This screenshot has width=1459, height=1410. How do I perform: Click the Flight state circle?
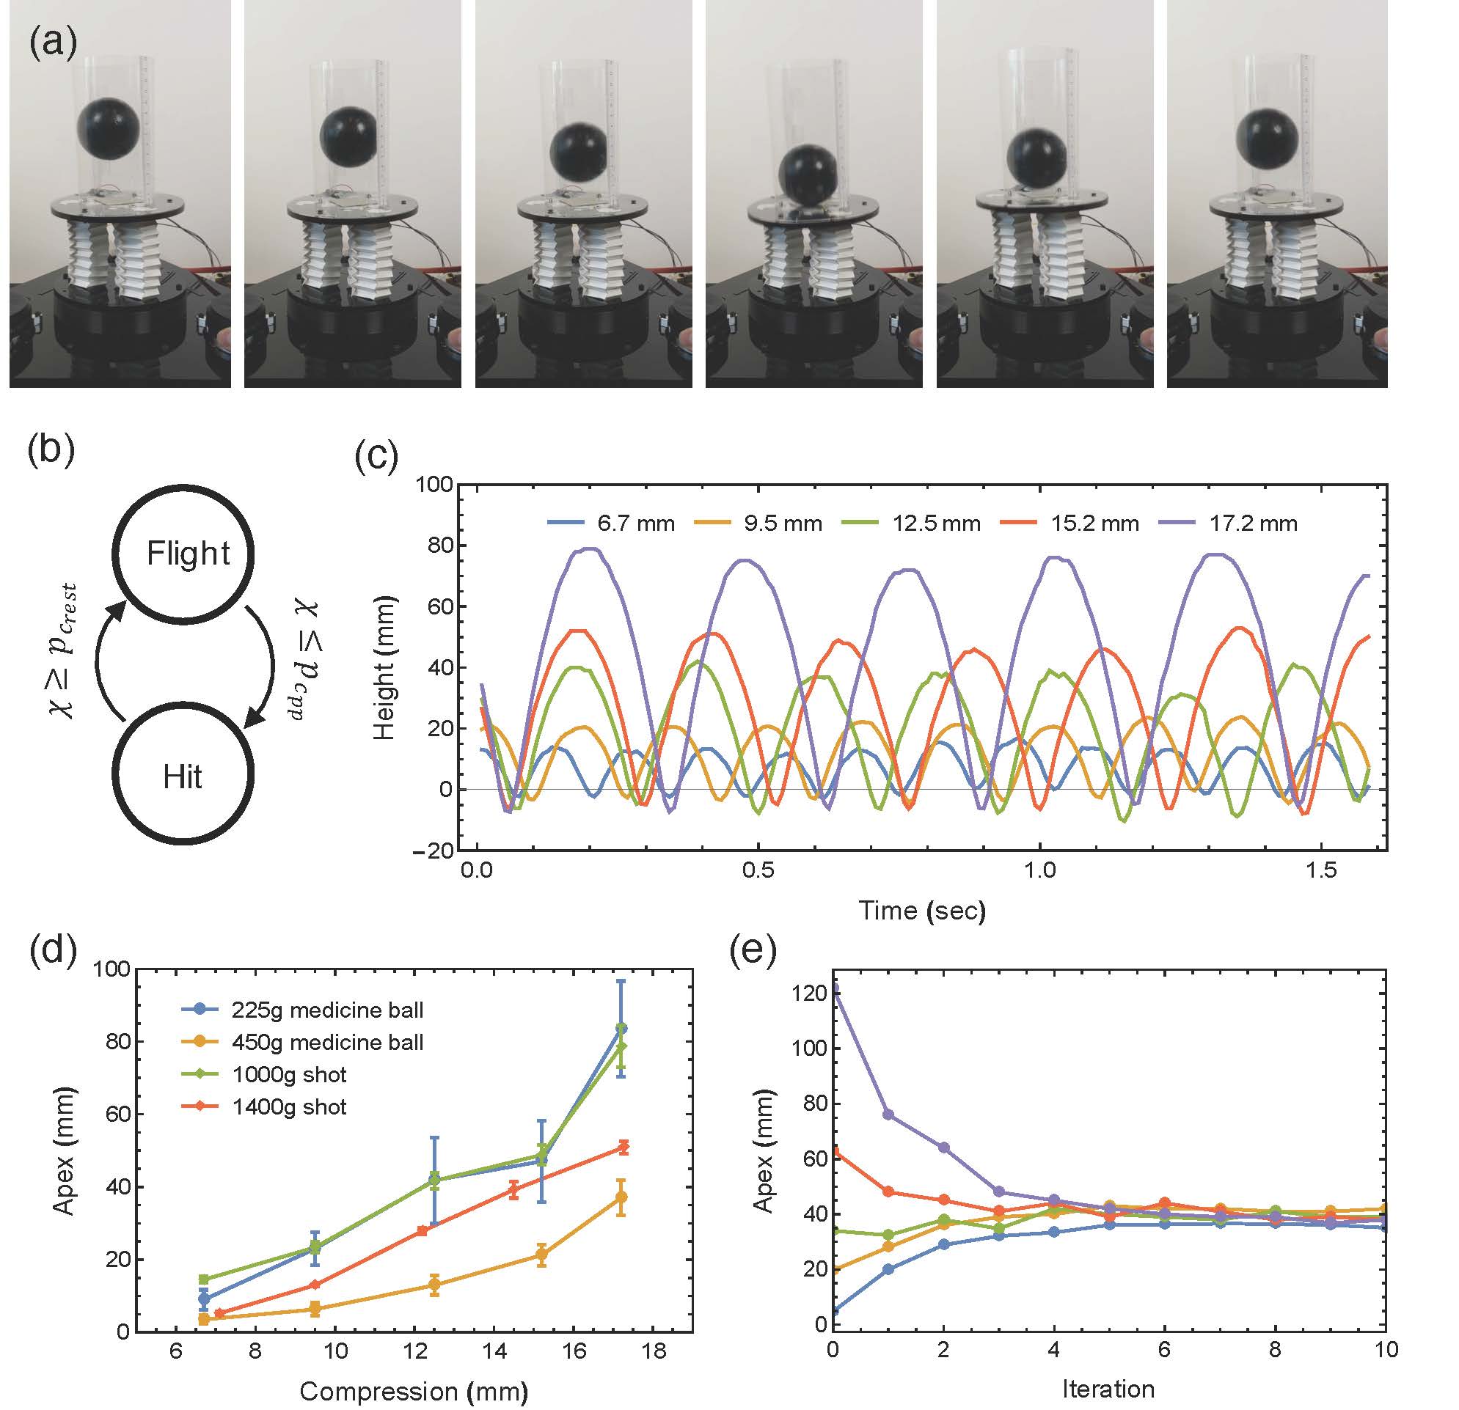click(x=183, y=554)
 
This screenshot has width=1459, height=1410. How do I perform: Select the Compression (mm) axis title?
click(x=414, y=1391)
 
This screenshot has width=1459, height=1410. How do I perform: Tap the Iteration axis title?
click(x=1108, y=1389)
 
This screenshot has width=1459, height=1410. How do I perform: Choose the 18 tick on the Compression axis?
click(x=654, y=1351)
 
